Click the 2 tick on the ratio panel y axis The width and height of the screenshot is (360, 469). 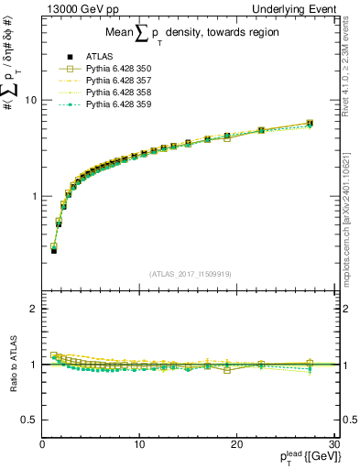pyautogui.click(x=33, y=309)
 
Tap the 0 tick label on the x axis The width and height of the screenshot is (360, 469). pyautogui.click(x=43, y=444)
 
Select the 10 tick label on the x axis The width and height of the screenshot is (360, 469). pyautogui.click(x=139, y=444)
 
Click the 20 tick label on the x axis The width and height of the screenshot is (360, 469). pyautogui.click(x=236, y=444)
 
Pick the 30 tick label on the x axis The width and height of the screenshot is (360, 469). pyautogui.click(x=333, y=444)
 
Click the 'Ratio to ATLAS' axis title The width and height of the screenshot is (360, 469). pyautogui.click(x=12, y=364)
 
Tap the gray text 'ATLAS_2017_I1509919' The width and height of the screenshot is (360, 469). pyautogui.click(x=189, y=272)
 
